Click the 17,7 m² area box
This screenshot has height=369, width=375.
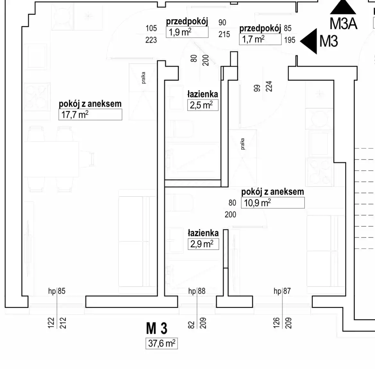click(x=90, y=114)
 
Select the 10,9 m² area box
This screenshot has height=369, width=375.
click(x=272, y=203)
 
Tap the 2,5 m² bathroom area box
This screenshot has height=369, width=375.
click(x=203, y=105)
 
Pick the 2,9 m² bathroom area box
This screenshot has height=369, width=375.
click(x=203, y=244)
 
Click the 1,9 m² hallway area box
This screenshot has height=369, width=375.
click(x=187, y=32)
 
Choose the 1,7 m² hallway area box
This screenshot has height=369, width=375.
click(x=260, y=39)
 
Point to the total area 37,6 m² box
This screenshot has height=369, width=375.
click(x=162, y=343)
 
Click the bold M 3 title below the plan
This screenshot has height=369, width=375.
click(x=157, y=329)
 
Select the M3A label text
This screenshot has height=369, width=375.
click(x=343, y=24)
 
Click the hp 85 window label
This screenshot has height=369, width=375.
click(x=57, y=291)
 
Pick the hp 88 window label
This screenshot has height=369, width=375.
click(x=197, y=291)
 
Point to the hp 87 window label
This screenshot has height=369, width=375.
click(x=282, y=291)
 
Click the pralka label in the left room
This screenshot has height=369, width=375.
click(x=143, y=78)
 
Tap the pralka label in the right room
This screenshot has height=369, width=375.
click(x=243, y=144)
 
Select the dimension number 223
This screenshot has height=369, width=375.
click(x=151, y=40)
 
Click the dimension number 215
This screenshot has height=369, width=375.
click(x=224, y=34)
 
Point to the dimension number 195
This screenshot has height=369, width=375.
click(x=290, y=40)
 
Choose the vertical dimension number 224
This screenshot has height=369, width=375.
click(x=269, y=86)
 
